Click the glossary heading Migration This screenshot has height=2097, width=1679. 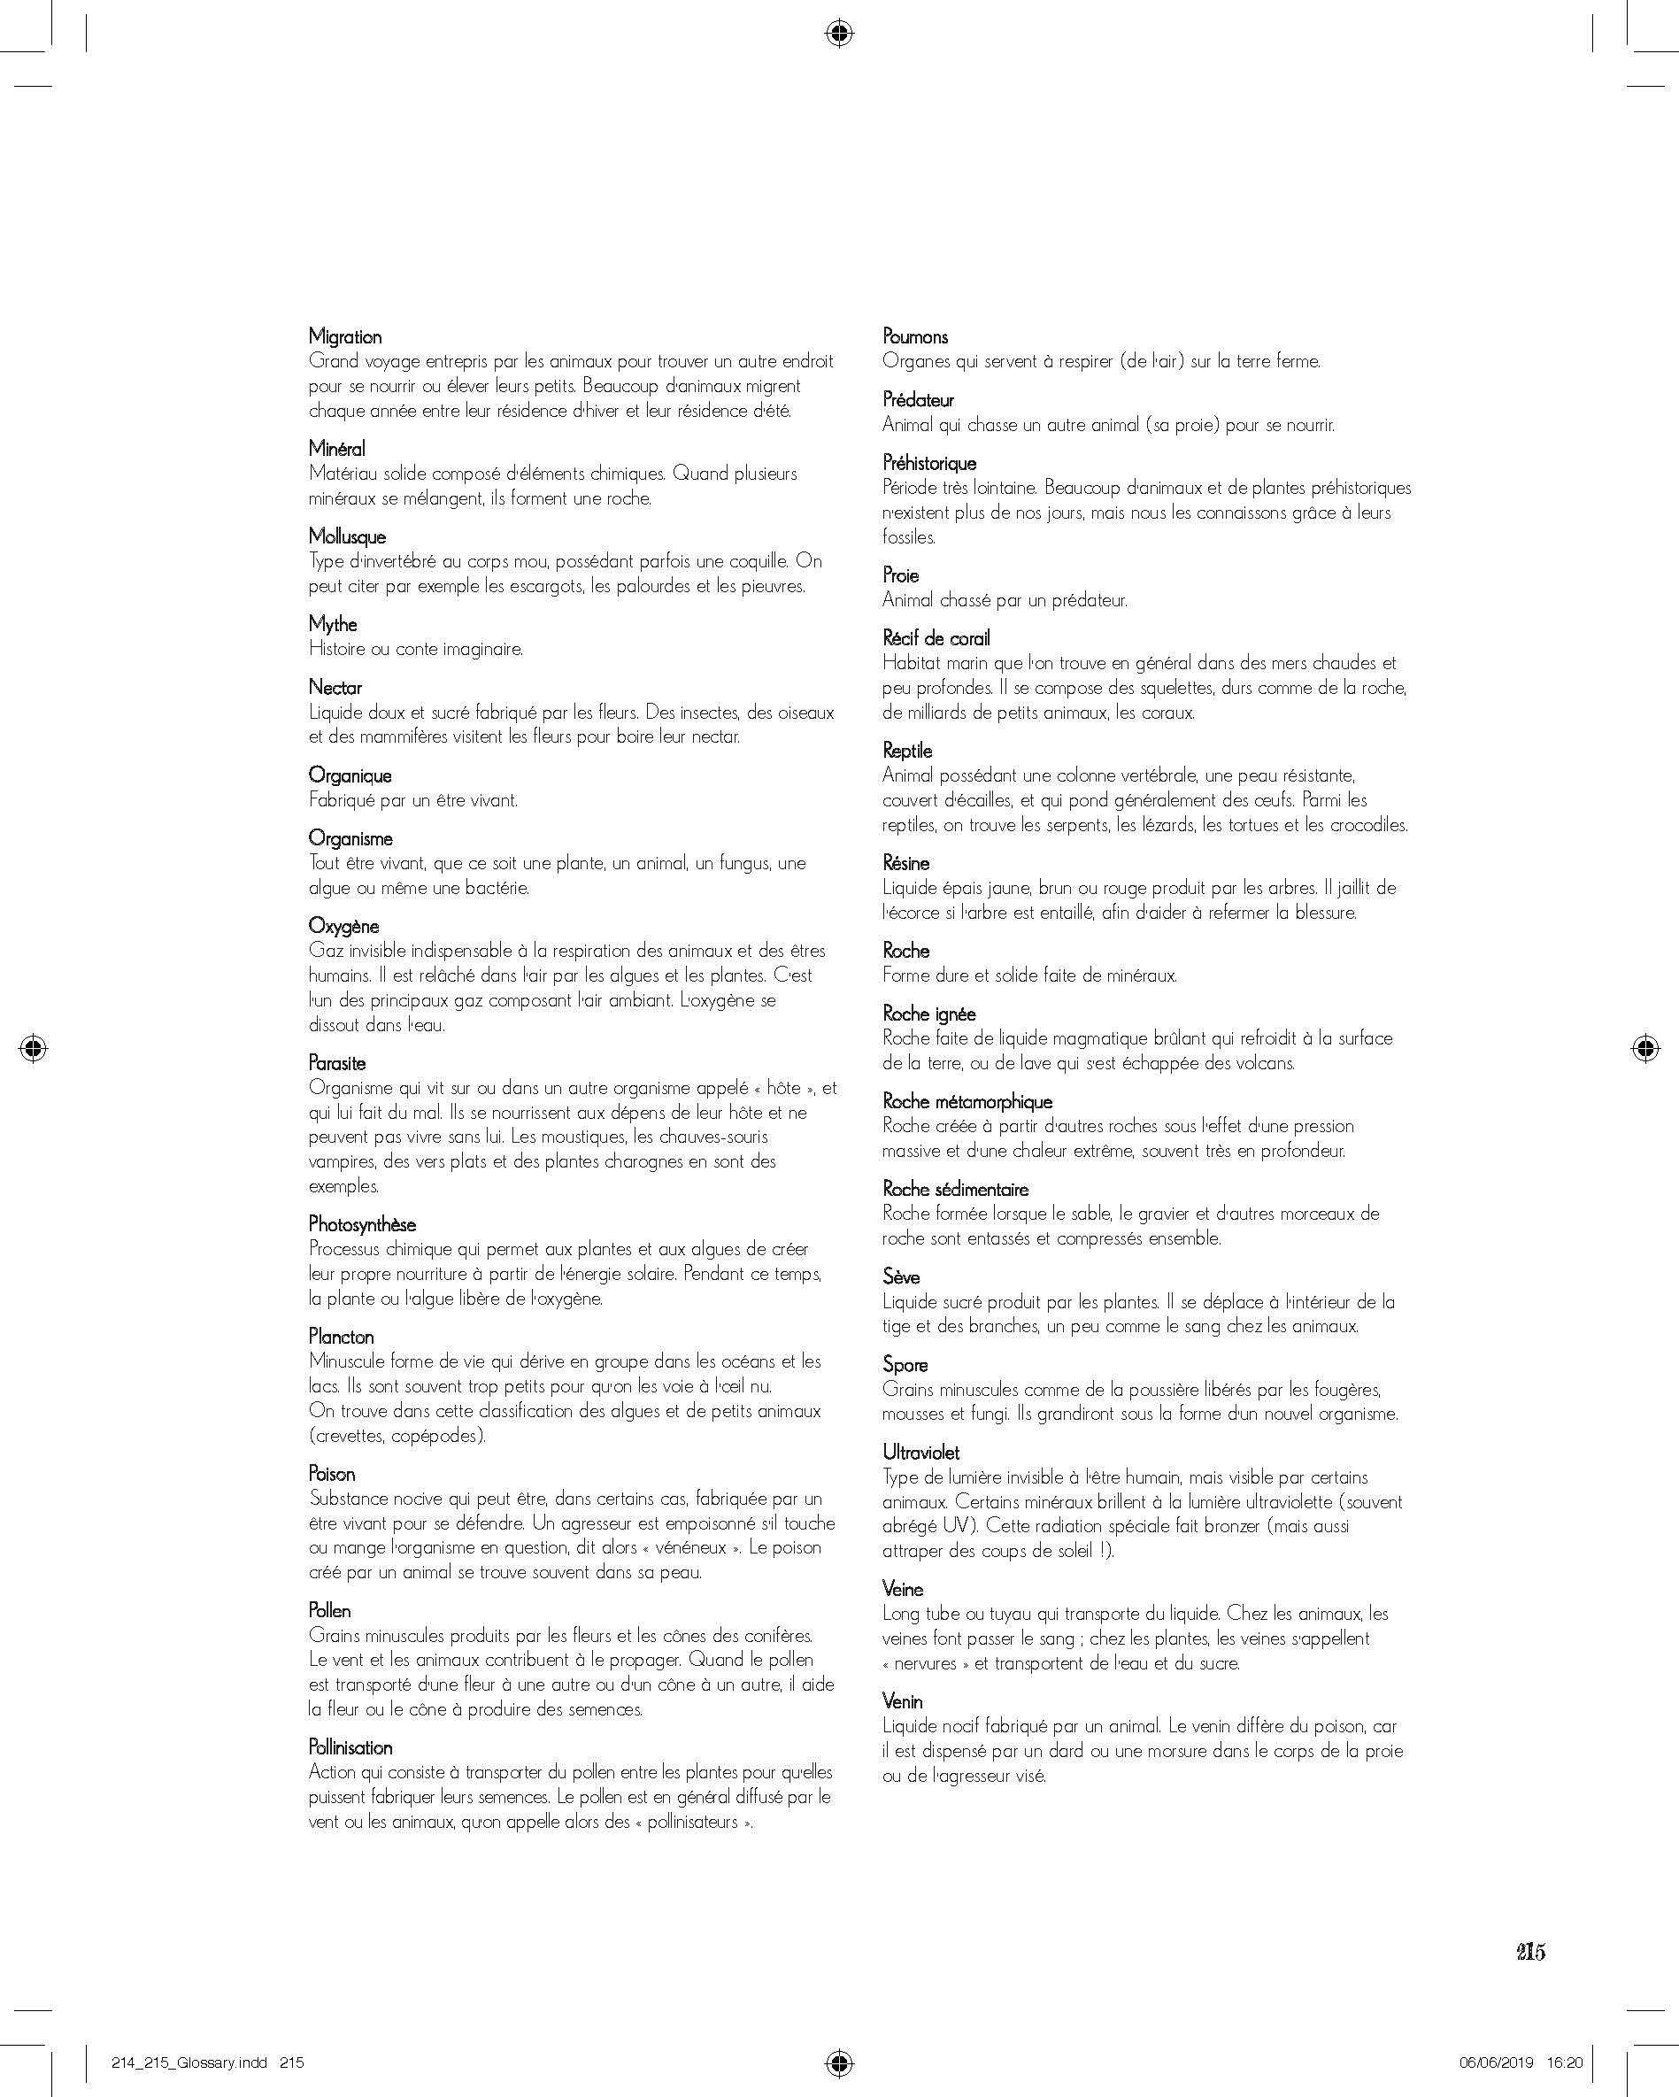pos(344,336)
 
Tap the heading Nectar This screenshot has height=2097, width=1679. pos(335,687)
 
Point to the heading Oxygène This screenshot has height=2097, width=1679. pos(343,925)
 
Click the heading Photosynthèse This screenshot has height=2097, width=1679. pos(362,1223)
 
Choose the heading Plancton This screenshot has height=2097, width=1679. pos(341,1336)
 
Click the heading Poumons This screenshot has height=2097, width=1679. pos(914,336)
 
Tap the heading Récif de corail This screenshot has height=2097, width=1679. pos(936,638)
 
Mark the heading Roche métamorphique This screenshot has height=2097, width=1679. pos(967,1101)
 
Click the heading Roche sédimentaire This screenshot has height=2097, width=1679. pos(955,1189)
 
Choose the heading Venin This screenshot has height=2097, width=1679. pos(902,1700)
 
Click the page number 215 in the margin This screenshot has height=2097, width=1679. pos(1530,1952)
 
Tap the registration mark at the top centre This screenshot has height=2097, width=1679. pos(838,34)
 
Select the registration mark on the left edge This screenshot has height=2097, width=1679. pos(33,1047)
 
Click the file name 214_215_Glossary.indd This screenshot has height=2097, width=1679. pos(189,2062)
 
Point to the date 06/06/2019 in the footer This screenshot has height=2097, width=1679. pos(1496,2062)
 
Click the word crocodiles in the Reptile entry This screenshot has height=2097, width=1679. pos(1368,825)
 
